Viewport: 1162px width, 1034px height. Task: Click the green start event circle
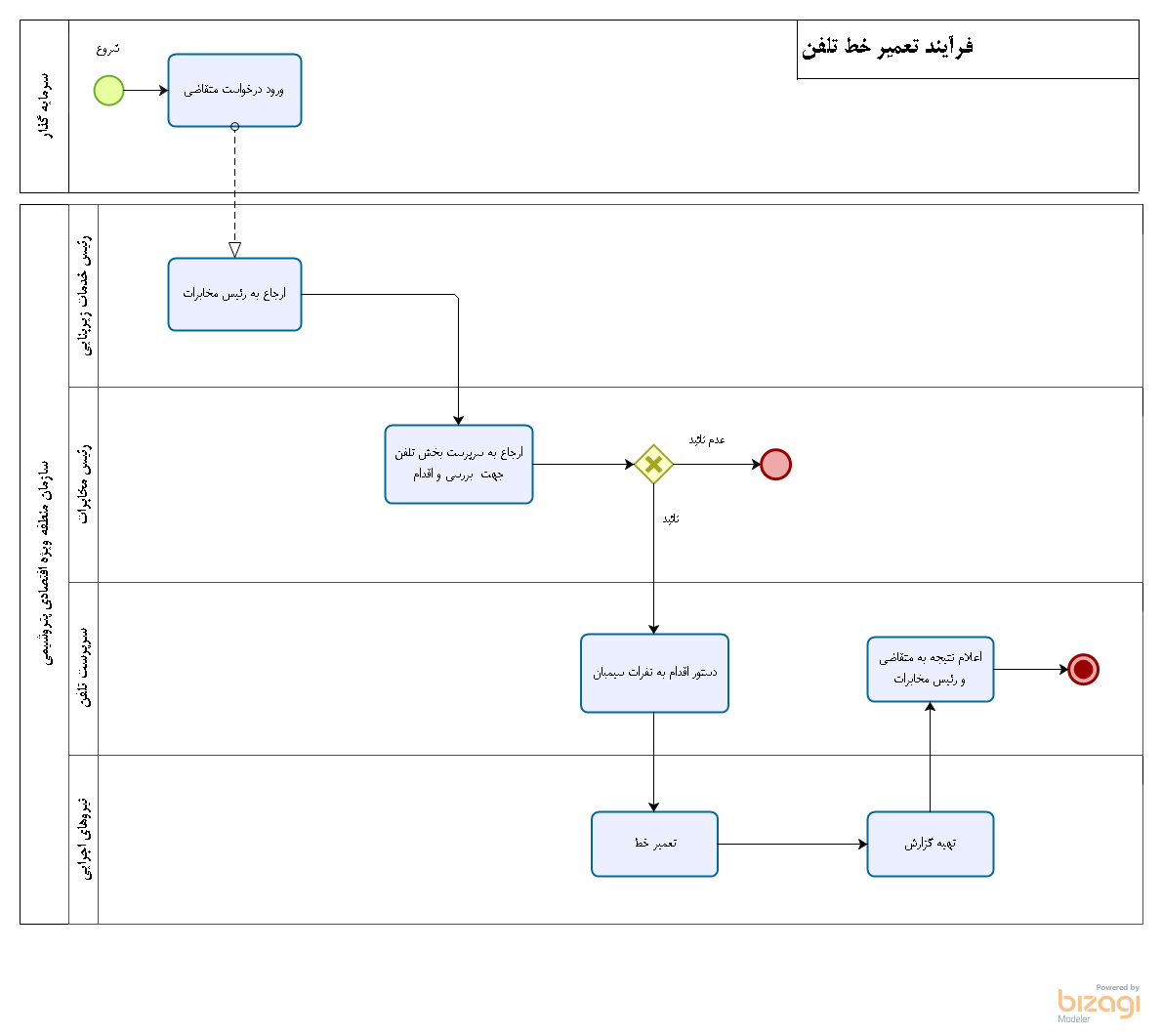(x=108, y=91)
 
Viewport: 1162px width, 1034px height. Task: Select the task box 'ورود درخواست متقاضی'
(x=234, y=91)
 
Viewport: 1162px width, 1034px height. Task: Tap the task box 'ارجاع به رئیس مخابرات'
(x=234, y=294)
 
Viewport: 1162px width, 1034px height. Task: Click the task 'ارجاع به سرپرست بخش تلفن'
(x=459, y=464)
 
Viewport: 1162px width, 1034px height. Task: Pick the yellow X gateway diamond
(x=653, y=464)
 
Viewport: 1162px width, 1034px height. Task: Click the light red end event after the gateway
(x=775, y=464)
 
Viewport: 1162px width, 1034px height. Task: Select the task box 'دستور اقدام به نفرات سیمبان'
(x=654, y=673)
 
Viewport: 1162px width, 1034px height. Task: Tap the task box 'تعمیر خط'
(x=654, y=844)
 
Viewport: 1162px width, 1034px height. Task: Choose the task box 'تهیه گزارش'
(x=930, y=844)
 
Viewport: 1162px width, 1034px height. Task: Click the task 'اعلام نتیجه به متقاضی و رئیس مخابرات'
(x=930, y=669)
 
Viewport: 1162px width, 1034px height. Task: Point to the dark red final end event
(x=1083, y=669)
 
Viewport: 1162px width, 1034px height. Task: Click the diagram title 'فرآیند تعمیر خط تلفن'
(x=888, y=47)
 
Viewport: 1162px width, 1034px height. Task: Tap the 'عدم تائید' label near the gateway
(x=707, y=440)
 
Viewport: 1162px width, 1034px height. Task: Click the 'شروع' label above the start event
(x=108, y=49)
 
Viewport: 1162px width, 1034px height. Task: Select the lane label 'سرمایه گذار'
(x=45, y=106)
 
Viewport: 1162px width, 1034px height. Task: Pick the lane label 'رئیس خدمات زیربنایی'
(x=84, y=295)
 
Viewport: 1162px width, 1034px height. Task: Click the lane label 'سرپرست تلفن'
(x=84, y=668)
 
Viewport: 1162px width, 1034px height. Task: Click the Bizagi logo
(x=1099, y=1003)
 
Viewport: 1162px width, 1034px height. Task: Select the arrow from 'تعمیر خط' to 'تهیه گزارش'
(x=792, y=844)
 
